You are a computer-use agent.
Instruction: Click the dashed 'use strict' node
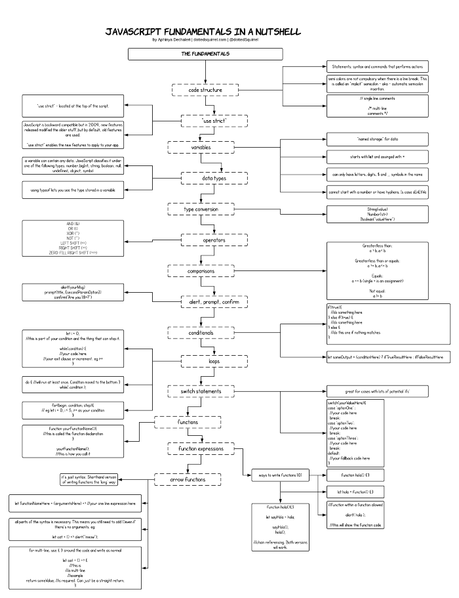[x=205, y=121]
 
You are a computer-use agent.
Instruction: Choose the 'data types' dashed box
[x=205, y=178]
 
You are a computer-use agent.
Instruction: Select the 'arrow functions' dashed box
[x=186, y=479]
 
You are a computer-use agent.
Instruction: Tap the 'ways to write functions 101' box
[x=279, y=474]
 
